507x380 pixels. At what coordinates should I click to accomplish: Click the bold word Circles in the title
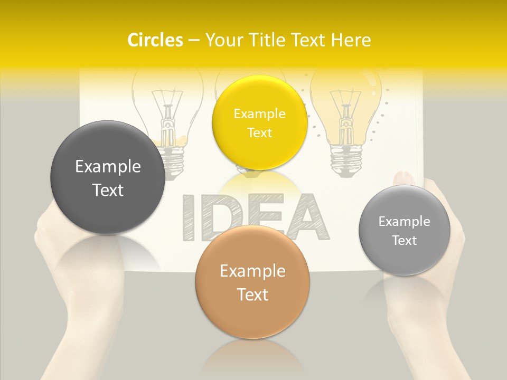click(155, 40)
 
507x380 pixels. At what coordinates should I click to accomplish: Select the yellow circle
click(259, 122)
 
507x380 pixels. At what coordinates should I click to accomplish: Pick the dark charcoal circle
click(108, 177)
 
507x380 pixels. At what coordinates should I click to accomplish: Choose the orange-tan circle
click(252, 282)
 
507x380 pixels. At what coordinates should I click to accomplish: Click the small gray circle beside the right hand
click(405, 230)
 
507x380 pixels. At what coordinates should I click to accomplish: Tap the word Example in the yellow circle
click(259, 113)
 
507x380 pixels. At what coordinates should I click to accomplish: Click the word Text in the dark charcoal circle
click(108, 190)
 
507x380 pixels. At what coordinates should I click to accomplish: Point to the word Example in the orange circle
click(252, 271)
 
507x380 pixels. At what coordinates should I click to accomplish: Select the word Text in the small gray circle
click(405, 241)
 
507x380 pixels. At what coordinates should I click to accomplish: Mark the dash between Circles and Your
click(194, 41)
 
